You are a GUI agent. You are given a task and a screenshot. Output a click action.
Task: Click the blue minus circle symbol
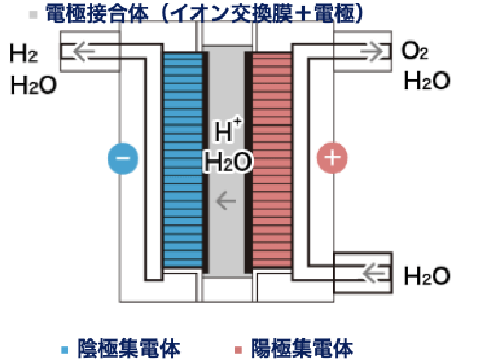123,158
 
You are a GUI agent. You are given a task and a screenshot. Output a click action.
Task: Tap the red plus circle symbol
332,158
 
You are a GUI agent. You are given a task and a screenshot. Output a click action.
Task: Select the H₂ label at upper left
24,53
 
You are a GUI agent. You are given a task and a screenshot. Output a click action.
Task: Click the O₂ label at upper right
415,50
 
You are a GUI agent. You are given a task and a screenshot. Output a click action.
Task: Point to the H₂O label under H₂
34,85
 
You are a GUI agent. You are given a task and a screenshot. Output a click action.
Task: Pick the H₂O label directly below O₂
427,80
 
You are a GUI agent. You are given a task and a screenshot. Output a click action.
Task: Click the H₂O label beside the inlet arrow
427,276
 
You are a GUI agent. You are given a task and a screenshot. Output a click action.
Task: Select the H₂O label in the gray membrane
228,161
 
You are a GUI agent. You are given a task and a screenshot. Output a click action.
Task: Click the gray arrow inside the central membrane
225,201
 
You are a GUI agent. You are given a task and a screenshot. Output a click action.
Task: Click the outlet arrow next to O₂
372,51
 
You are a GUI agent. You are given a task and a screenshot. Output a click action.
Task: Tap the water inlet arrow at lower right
373,273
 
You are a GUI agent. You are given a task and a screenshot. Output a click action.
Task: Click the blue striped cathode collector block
183,160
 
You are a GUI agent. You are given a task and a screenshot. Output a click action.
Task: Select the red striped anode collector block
272,160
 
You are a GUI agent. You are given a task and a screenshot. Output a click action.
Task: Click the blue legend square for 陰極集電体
65,350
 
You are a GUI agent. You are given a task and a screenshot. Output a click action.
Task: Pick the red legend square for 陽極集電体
238,350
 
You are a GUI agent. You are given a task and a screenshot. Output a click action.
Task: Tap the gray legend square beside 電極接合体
33,14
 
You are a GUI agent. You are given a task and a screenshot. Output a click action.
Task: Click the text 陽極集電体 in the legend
301,349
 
